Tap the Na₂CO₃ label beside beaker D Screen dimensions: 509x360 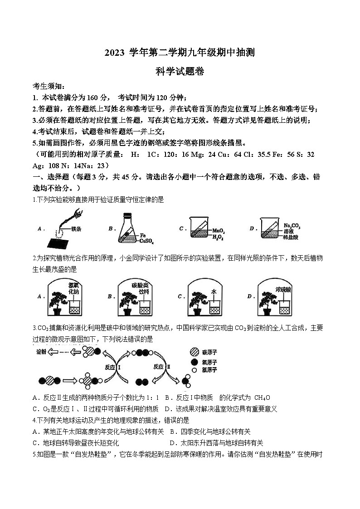pos(292,226)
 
